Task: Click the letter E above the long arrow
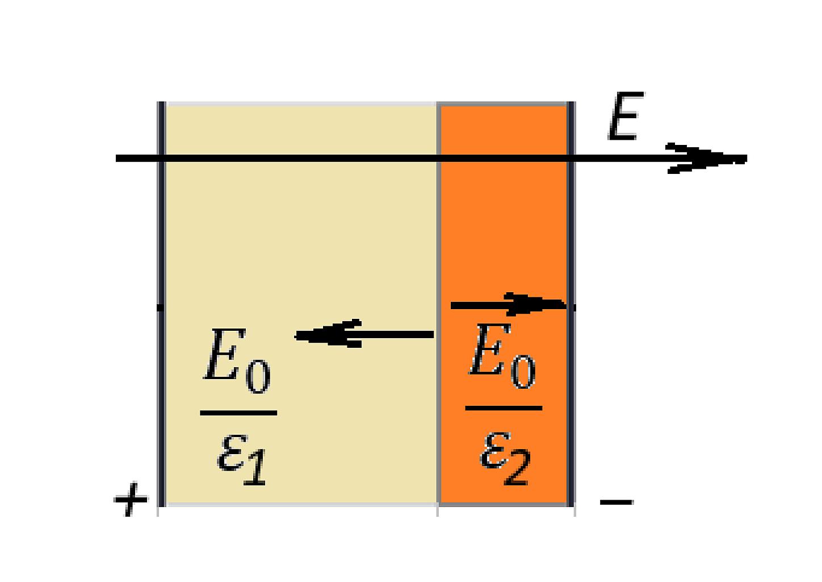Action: point(626,115)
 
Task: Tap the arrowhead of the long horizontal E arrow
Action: point(706,159)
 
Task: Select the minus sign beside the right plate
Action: point(617,502)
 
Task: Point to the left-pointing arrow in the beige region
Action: point(364,334)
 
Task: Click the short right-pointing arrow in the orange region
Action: point(509,305)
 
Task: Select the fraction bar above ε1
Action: point(238,413)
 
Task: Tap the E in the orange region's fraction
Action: point(490,349)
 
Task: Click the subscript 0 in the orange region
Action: point(523,372)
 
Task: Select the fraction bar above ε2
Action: point(504,408)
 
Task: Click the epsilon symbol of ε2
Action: point(494,450)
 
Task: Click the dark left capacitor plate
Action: point(161,304)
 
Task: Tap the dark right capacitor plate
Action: point(571,304)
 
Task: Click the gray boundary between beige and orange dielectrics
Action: point(438,304)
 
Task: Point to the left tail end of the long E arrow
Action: point(117,159)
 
